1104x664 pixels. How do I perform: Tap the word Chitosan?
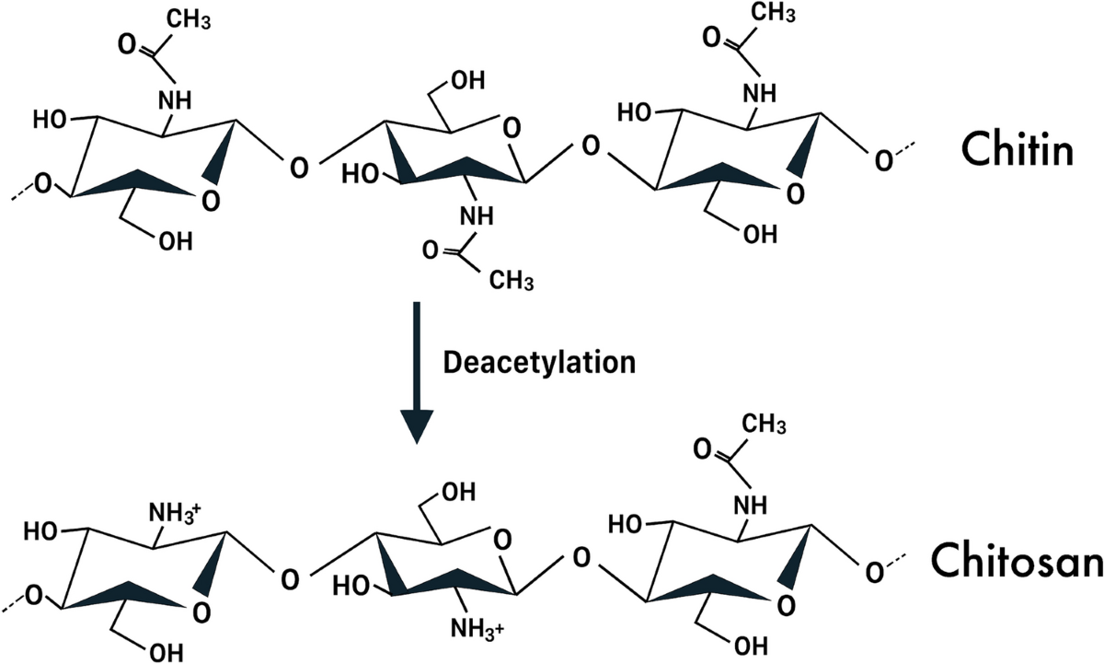coord(1015,560)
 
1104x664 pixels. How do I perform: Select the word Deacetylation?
coord(540,362)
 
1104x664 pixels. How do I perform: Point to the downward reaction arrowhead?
coord(418,423)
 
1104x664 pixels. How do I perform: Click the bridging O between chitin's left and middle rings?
coord(296,168)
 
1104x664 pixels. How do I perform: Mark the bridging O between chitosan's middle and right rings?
coord(580,556)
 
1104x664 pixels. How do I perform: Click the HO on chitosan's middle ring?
coord(353,587)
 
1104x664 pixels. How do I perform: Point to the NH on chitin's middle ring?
coord(476,216)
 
